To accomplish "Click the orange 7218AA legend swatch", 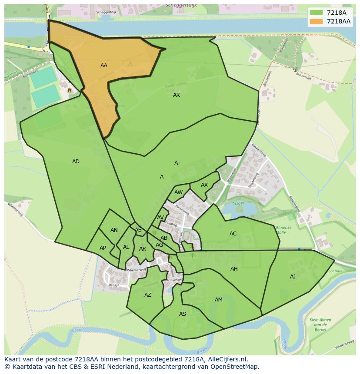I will [x=317, y=21].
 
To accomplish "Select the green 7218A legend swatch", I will [x=317, y=13].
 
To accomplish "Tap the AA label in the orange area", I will [x=104, y=66].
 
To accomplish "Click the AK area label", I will [x=177, y=95].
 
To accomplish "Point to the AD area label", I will [x=76, y=162].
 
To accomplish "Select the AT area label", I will [x=177, y=163].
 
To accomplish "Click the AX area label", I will [x=204, y=185].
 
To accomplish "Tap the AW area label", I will [x=178, y=192].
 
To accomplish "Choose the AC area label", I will [x=233, y=234].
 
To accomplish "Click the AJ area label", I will [x=293, y=277].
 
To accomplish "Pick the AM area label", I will [x=219, y=300].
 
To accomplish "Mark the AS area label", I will [x=183, y=314].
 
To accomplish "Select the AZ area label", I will [x=148, y=295].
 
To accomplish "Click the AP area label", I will [x=103, y=248].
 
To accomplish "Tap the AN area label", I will [x=114, y=230].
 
